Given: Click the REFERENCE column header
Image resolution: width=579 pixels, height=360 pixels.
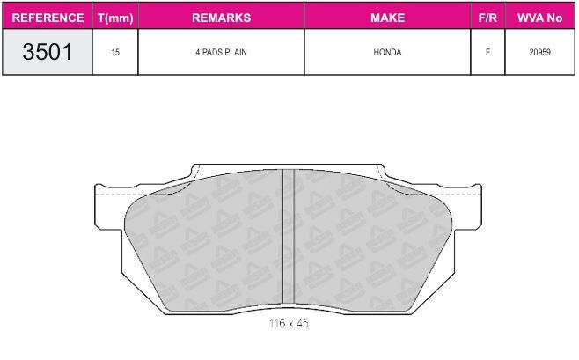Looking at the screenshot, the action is (48, 18).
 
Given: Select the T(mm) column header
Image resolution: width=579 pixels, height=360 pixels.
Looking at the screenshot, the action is (115, 18).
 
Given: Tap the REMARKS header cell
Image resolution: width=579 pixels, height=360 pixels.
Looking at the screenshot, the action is (221, 18).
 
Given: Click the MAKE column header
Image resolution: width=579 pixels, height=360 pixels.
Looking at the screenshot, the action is (387, 18).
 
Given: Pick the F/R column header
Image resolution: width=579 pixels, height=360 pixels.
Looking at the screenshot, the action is (487, 18).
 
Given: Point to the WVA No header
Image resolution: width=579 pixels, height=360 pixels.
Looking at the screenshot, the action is (539, 18).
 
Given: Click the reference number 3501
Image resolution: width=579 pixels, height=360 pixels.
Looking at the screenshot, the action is (48, 52).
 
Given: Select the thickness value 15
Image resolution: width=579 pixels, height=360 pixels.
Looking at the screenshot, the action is (115, 52).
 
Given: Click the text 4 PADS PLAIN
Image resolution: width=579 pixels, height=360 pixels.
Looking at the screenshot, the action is (221, 52).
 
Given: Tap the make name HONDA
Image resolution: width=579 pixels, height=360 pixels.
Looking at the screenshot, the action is (387, 52).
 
